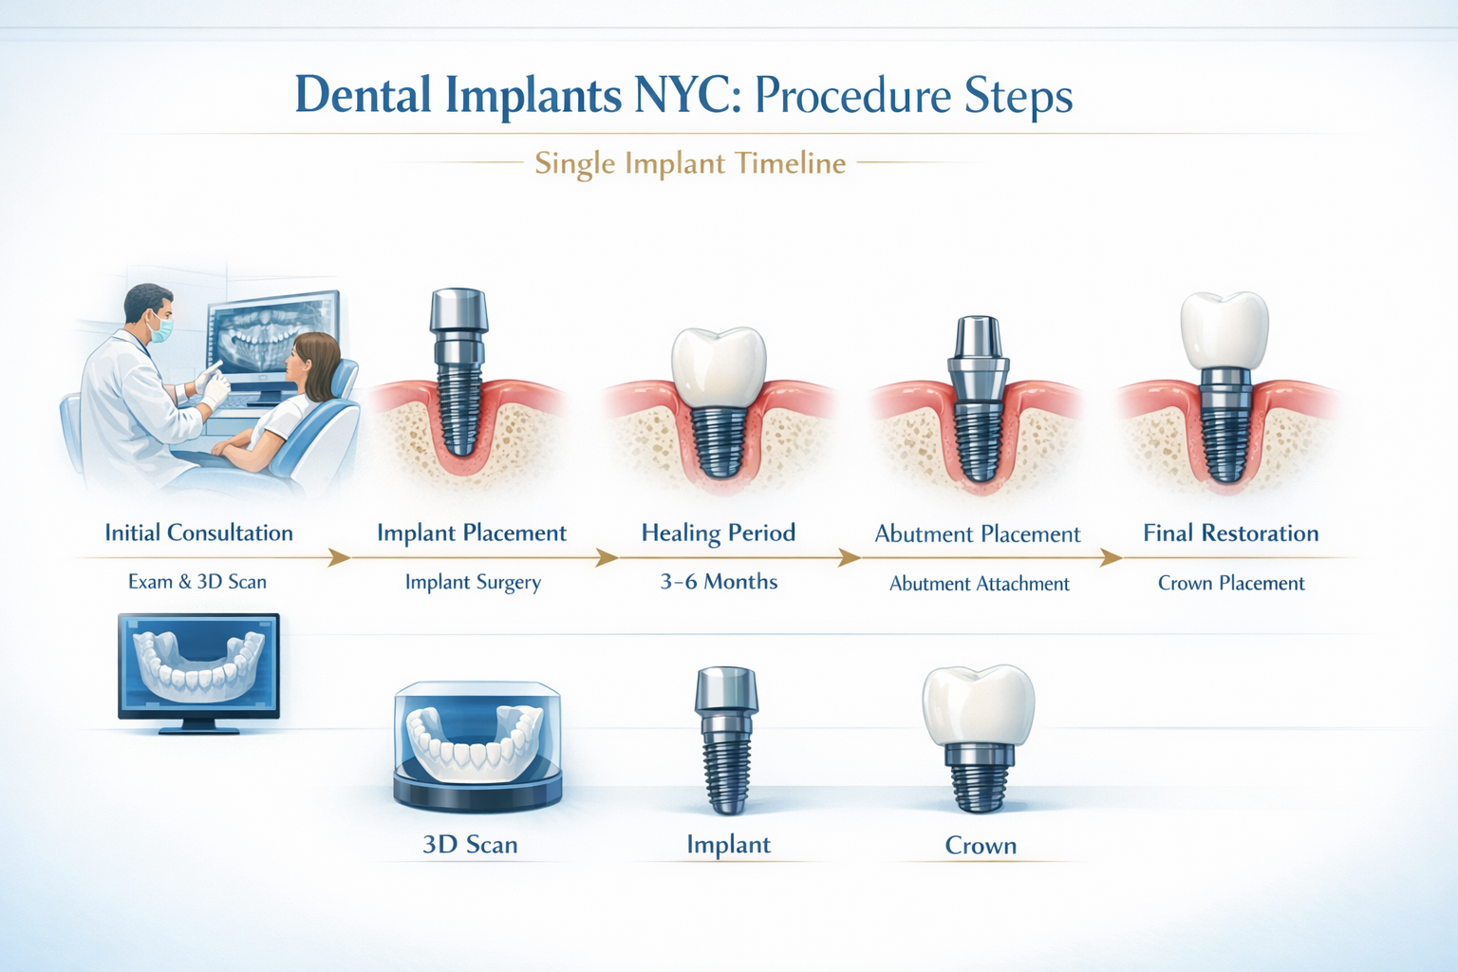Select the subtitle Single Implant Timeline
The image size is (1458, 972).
(x=689, y=163)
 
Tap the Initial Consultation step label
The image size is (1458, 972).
(x=198, y=533)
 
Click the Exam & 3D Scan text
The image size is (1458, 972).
(x=197, y=582)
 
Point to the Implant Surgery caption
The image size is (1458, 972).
(x=473, y=582)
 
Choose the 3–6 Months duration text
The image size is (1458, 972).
(x=719, y=582)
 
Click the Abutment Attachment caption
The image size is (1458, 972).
(x=979, y=584)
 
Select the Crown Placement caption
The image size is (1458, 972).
(x=1231, y=583)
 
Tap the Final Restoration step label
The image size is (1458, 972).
(x=1230, y=533)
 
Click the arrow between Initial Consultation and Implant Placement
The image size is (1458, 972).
(x=338, y=558)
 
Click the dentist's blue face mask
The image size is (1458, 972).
(x=161, y=329)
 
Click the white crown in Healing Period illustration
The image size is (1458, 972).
(x=719, y=366)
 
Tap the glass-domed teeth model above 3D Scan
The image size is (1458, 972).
(x=477, y=746)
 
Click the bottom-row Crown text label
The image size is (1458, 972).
(x=981, y=845)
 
